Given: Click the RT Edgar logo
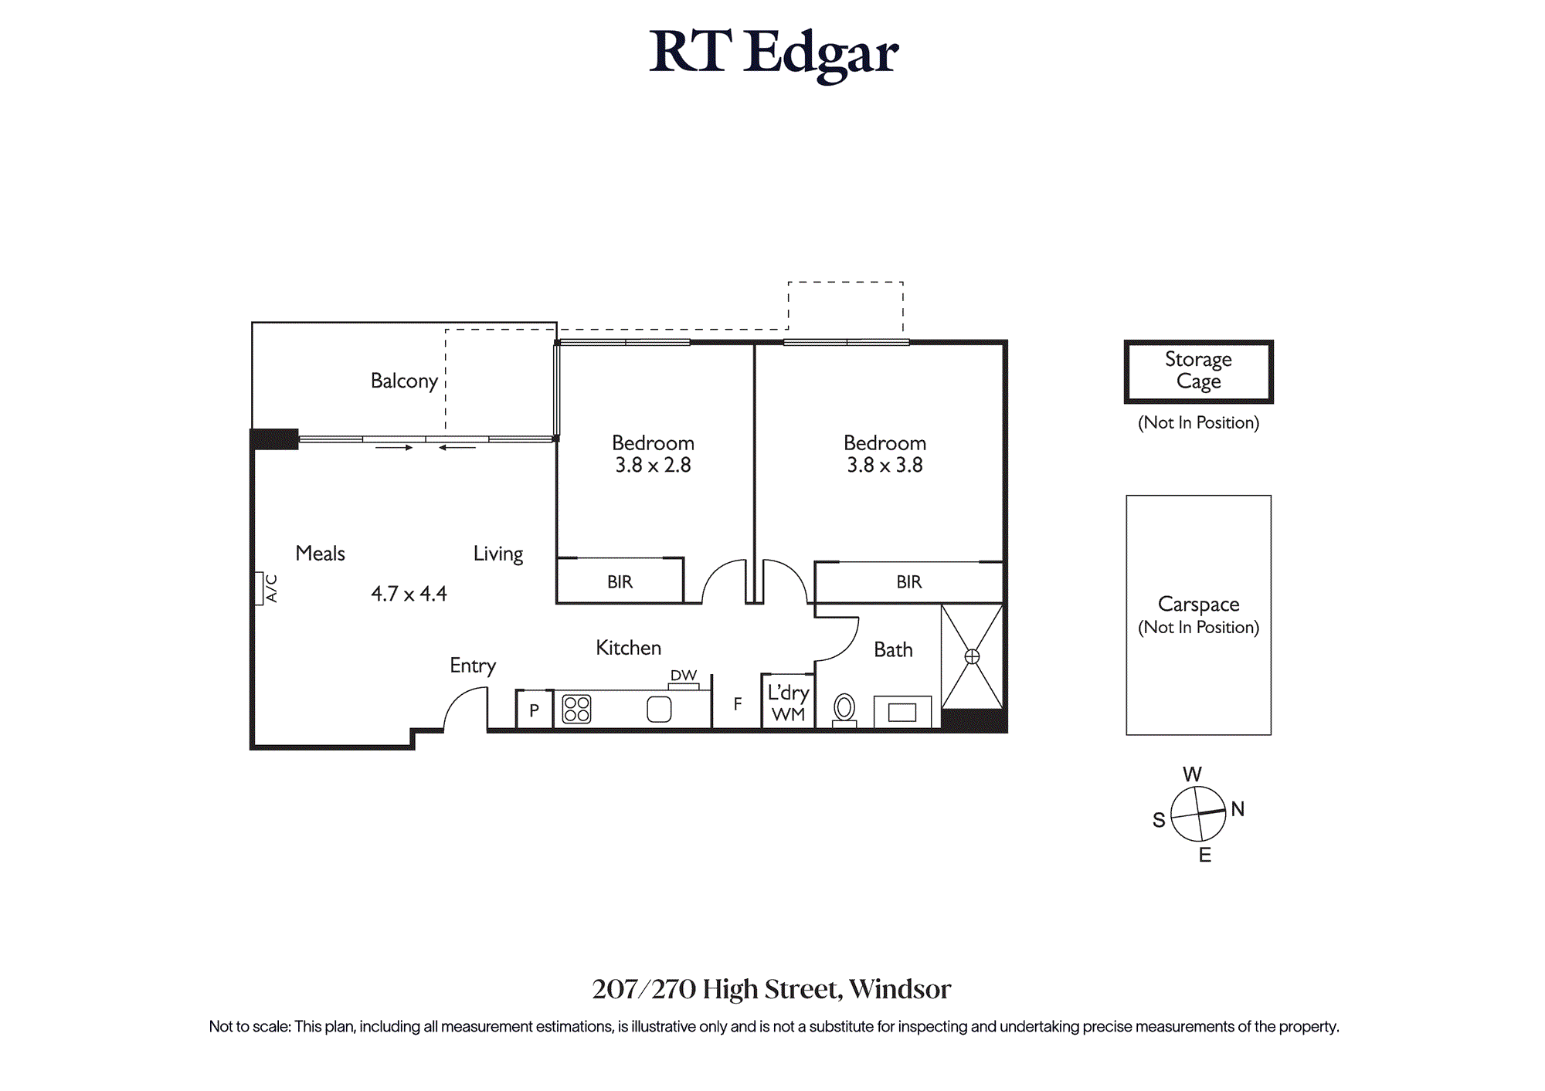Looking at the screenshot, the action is pyautogui.click(x=773, y=54).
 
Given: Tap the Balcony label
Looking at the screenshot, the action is pyautogui.click(x=404, y=381).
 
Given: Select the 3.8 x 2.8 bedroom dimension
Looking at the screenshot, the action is pyautogui.click(x=653, y=466).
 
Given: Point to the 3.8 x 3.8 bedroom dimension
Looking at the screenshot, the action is pyautogui.click(x=885, y=466).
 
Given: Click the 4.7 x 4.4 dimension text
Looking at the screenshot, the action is pyautogui.click(x=409, y=594).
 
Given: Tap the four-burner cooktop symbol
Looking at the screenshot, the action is pyautogui.click(x=576, y=709).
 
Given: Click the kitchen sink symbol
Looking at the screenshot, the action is pyautogui.click(x=659, y=709).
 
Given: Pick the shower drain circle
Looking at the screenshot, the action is pyautogui.click(x=972, y=656).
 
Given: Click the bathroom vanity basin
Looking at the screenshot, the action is pyautogui.click(x=902, y=712).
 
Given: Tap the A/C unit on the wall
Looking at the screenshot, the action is pyautogui.click(x=259, y=588).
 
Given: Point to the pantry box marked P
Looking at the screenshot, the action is pyautogui.click(x=534, y=710).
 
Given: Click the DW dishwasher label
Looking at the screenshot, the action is pyautogui.click(x=684, y=676).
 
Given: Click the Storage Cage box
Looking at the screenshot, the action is pyautogui.click(x=1198, y=371).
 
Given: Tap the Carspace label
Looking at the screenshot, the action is pyautogui.click(x=1198, y=605).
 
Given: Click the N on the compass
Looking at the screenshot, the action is pyautogui.click(x=1238, y=809).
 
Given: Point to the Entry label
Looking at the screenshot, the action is pyautogui.click(x=473, y=666).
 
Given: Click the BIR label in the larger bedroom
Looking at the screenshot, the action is pyautogui.click(x=909, y=582).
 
